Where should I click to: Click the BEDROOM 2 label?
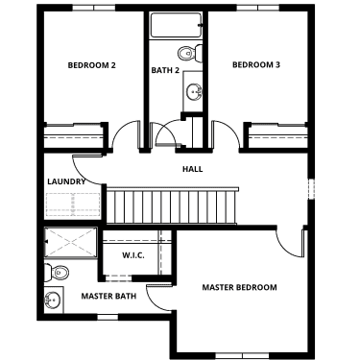91,65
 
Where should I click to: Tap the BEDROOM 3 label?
256,64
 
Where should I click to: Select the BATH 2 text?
165,70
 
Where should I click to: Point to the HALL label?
193,169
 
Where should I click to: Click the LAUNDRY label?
66,181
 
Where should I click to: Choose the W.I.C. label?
133,255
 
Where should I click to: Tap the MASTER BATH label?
108,296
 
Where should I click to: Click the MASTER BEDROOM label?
239,287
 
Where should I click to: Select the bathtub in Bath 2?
176,25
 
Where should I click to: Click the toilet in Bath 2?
190,54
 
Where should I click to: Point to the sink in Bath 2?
194,91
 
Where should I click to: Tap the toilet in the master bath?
57,273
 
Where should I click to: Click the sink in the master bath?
53,300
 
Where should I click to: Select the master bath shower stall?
70,242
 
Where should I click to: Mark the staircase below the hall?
172,205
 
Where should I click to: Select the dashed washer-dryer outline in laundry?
73,204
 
